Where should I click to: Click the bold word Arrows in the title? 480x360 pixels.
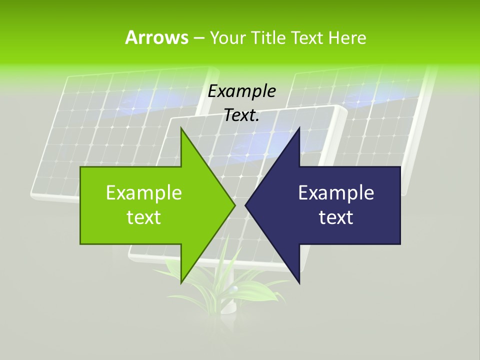[x=156, y=37]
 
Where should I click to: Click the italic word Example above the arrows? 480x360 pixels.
[x=242, y=91]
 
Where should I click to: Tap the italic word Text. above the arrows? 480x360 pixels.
[x=242, y=115]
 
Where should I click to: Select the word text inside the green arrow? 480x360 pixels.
[x=144, y=217]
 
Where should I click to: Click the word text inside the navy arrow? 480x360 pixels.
[x=336, y=217]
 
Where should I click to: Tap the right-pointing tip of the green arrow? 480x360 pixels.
[x=234, y=205]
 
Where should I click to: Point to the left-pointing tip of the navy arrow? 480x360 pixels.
[x=246, y=205]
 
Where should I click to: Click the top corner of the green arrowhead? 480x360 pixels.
[x=181, y=129]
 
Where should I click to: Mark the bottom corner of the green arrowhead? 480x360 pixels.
[x=181, y=282]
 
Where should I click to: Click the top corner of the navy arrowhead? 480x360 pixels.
[x=299, y=129]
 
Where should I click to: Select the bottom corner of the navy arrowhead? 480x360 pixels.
[x=299, y=282]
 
